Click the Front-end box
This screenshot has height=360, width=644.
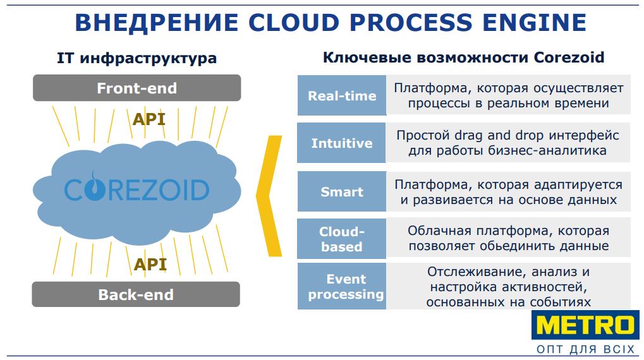click(x=137, y=88)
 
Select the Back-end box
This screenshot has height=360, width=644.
click(x=136, y=294)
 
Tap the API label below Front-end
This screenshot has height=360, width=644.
click(x=149, y=119)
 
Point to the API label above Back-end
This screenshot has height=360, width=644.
click(x=150, y=263)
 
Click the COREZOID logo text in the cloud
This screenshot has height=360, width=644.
click(x=137, y=189)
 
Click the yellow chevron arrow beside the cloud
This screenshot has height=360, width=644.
click(x=269, y=195)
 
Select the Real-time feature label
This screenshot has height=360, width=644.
click(x=342, y=96)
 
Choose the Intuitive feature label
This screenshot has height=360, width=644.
click(x=342, y=143)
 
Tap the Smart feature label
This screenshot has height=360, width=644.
click(x=342, y=191)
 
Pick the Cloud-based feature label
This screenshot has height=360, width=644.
click(x=342, y=239)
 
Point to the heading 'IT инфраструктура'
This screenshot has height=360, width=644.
click(x=137, y=59)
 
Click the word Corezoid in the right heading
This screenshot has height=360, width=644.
click(x=569, y=57)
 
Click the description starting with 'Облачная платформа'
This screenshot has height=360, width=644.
click(x=508, y=238)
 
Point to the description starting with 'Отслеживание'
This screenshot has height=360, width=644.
click(x=508, y=287)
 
